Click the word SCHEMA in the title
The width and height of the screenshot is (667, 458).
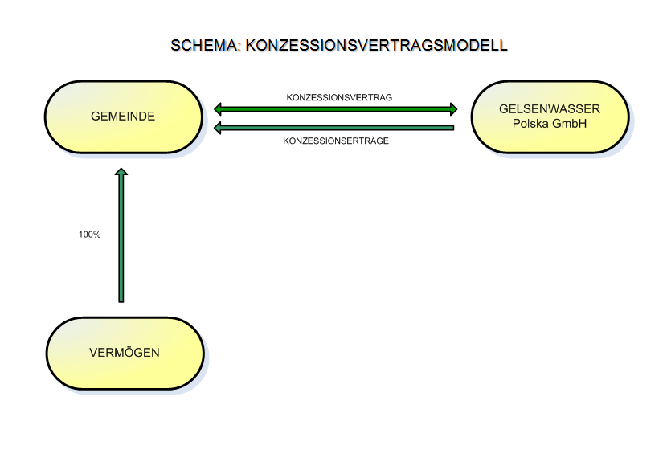click(206, 45)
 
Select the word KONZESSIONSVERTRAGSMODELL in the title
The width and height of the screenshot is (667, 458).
click(376, 45)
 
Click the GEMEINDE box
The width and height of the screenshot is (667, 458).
click(124, 117)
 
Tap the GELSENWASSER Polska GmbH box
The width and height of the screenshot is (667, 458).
click(550, 117)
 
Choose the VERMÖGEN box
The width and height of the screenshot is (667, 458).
click(125, 353)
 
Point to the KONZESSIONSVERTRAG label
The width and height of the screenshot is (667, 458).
click(339, 97)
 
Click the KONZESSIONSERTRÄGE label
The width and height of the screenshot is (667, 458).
click(336, 141)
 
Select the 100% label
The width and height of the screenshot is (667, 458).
click(90, 235)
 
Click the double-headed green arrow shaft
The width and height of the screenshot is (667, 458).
click(336, 109)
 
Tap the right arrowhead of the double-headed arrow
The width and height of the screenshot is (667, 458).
click(454, 109)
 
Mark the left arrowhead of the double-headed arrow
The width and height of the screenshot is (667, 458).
click(218, 109)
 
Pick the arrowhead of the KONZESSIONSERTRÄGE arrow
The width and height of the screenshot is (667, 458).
click(218, 128)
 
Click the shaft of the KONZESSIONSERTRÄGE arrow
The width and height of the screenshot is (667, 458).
click(338, 128)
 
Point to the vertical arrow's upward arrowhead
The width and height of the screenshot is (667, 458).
click(121, 172)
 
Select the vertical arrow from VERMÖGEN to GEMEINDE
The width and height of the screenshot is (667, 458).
click(121, 235)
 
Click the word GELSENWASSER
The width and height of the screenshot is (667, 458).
click(550, 108)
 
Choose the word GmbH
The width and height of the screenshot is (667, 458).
click(571, 123)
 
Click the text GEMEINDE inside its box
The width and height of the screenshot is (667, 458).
click(123, 116)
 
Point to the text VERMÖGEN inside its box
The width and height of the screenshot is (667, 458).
click(125, 352)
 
